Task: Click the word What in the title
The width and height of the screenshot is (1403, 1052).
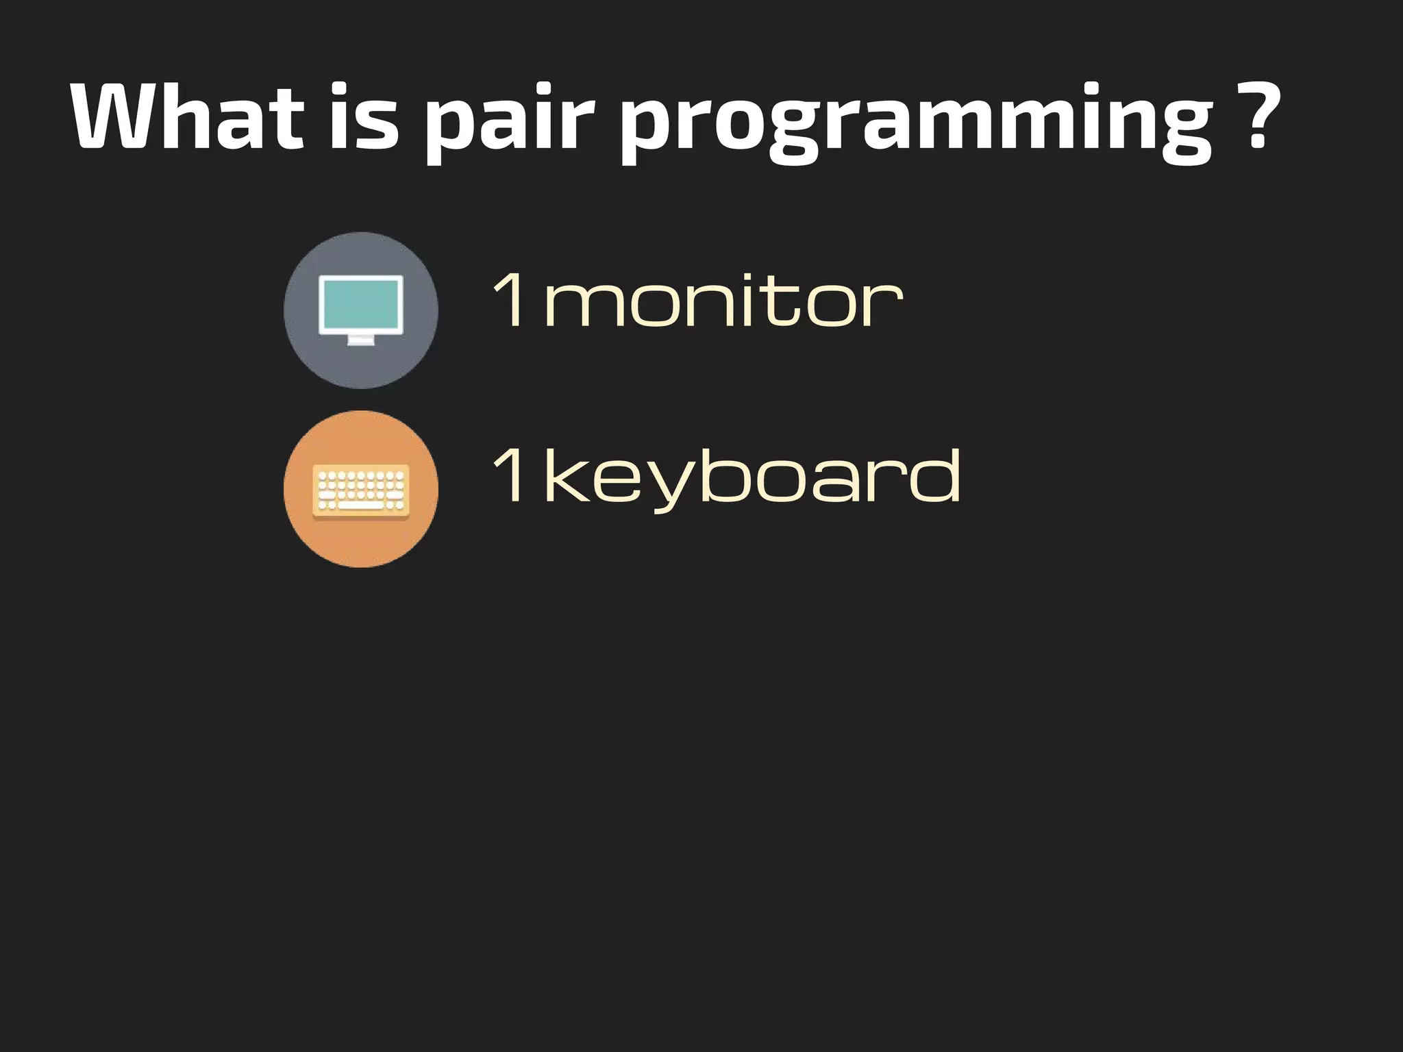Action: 186,116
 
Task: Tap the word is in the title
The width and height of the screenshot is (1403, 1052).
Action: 363,116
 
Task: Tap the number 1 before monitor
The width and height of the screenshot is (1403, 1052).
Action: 510,299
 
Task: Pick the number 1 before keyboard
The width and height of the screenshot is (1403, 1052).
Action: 510,474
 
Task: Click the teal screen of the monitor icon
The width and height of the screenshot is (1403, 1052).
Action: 361,304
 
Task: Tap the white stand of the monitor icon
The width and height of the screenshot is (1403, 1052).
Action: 361,340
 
